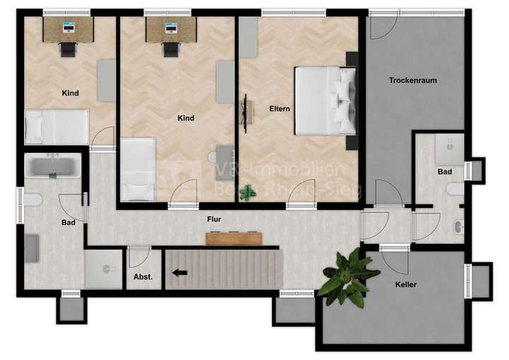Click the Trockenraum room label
[x=412, y=81]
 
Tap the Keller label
[x=406, y=284]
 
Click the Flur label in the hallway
[x=215, y=219]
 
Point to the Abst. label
[x=144, y=276]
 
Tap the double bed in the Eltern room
[x=324, y=100]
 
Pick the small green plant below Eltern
[x=247, y=192]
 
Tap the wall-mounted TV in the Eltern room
[x=247, y=112]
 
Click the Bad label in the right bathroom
[x=445, y=172]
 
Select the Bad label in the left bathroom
[x=69, y=222]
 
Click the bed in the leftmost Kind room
[x=57, y=127]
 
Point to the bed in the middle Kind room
[x=138, y=169]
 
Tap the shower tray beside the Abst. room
[x=104, y=269]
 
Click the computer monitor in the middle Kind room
[x=171, y=28]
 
